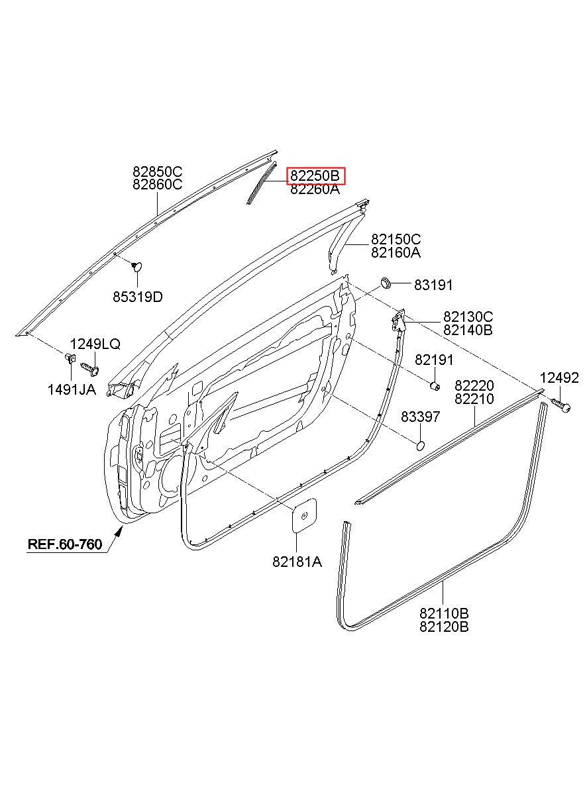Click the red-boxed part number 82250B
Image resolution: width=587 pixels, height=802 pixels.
[315, 175]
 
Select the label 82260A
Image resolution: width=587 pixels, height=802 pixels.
[315, 189]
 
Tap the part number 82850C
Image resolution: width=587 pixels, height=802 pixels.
[158, 172]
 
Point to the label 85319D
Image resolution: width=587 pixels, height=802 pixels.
[138, 297]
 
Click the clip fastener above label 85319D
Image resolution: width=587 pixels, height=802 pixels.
[136, 266]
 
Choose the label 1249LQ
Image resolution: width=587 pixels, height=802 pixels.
[95, 344]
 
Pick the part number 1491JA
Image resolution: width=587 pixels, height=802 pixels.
[72, 390]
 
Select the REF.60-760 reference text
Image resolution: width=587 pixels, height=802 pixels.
[65, 544]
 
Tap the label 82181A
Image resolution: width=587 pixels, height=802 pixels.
[297, 562]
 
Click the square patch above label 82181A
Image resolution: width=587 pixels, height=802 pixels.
[304, 515]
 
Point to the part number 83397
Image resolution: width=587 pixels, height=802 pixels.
[420, 417]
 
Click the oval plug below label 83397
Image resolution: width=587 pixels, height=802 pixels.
[420, 446]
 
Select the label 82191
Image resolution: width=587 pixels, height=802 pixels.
[434, 360]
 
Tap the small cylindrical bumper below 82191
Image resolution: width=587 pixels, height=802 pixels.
[435, 386]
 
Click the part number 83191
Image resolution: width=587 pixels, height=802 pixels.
[433, 285]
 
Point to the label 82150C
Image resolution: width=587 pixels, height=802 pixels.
[396, 239]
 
